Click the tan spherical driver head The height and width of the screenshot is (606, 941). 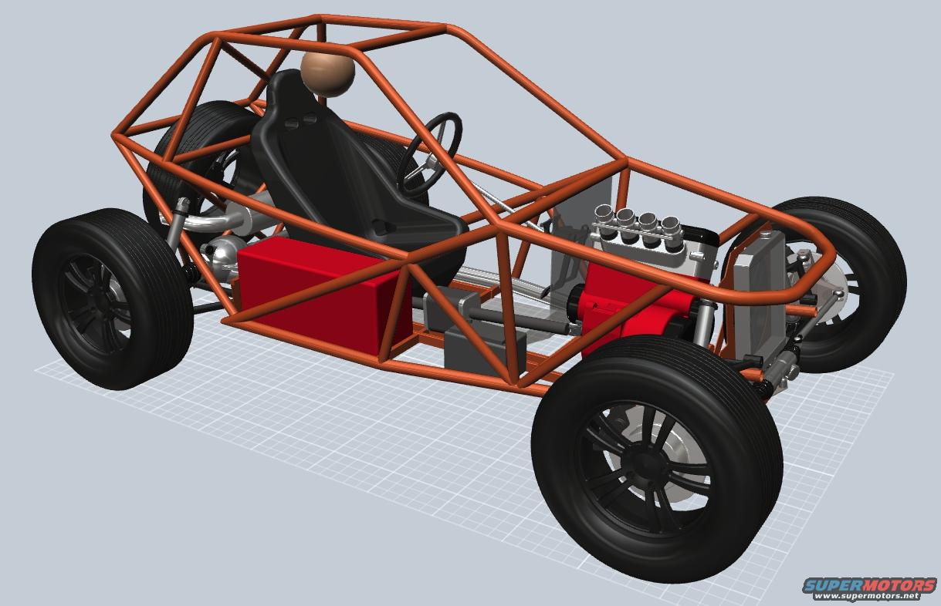pyautogui.click(x=327, y=75)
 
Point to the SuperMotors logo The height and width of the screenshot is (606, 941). pyautogui.click(x=869, y=584)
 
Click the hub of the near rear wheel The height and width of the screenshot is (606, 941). pyautogui.click(x=97, y=303)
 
